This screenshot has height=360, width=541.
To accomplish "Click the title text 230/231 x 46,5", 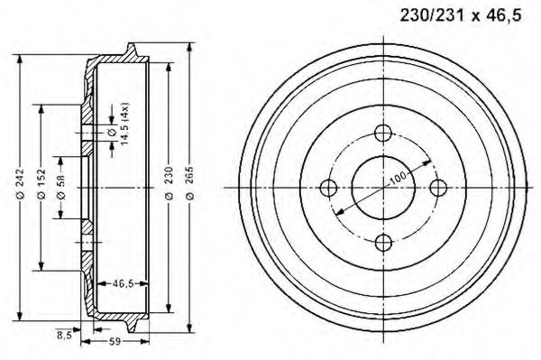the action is pyautogui.click(x=460, y=15).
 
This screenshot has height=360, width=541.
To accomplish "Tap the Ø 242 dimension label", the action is pyautogui.click(x=20, y=183).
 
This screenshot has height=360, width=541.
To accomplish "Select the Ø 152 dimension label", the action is pyautogui.click(x=41, y=183).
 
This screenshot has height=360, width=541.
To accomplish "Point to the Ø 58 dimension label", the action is pyautogui.click(x=60, y=187).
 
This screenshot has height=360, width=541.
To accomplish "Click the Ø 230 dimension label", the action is pyautogui.click(x=170, y=183).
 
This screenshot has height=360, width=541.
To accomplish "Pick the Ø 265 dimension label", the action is pyautogui.click(x=189, y=183).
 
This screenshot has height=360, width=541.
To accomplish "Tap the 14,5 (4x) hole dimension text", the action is pyautogui.click(x=124, y=124).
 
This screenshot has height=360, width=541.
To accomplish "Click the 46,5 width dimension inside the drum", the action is pyautogui.click(x=123, y=283).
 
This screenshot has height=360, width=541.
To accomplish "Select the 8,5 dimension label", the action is pyautogui.click(x=64, y=335).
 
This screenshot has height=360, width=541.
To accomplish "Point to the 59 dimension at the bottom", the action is pyautogui.click(x=115, y=342).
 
